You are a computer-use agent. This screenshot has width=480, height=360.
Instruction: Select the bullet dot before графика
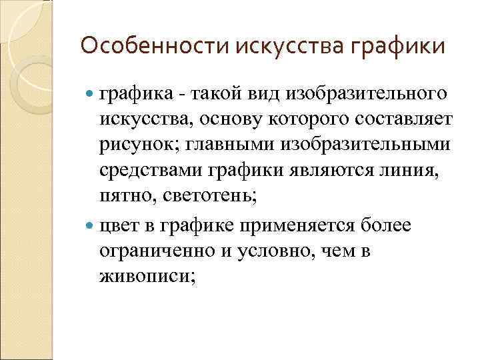(x=91, y=93)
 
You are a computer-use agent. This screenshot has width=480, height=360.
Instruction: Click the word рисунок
(x=133, y=145)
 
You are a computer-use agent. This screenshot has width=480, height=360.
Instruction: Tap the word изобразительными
(x=354, y=145)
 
